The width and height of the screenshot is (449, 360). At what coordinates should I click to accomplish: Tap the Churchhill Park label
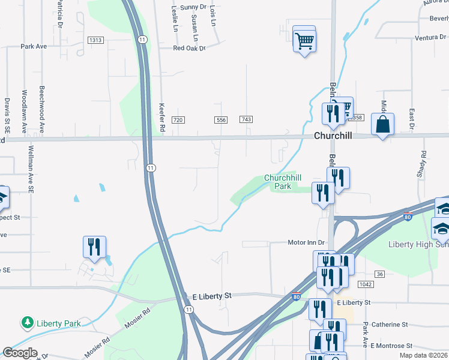click(x=282, y=182)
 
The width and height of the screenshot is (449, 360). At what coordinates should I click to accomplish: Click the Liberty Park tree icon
click(x=27, y=323)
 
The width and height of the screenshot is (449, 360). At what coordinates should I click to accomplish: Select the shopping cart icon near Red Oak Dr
click(x=305, y=41)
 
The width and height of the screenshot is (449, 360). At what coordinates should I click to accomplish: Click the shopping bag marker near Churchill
click(x=382, y=125)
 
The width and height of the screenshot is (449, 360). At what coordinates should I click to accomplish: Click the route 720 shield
click(x=178, y=120)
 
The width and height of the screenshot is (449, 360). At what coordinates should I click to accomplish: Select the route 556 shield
click(x=221, y=120)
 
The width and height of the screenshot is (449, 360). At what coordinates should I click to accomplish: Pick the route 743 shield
click(x=246, y=120)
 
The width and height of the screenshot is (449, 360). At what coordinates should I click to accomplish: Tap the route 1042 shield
click(x=364, y=284)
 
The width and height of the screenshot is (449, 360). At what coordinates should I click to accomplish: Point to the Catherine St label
click(x=389, y=325)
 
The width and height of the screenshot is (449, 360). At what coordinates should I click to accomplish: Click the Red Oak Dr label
click(x=189, y=49)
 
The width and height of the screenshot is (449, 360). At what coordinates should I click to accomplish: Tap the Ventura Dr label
click(x=430, y=37)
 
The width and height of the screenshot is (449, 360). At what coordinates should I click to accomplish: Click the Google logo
click(x=20, y=353)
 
